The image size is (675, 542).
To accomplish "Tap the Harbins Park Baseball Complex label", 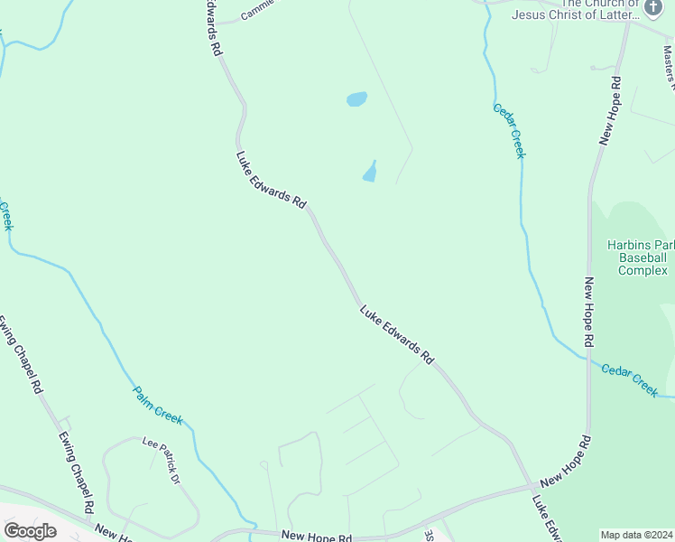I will [641, 257].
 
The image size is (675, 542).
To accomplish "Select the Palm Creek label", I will [158, 406].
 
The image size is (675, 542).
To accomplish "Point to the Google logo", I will [30, 531].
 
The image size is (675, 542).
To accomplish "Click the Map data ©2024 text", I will [635, 535].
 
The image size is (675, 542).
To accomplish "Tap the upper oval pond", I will [356, 98].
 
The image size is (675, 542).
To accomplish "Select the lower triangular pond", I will [370, 172].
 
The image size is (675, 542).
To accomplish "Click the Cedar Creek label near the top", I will [509, 131].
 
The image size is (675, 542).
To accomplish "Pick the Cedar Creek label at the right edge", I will [630, 379].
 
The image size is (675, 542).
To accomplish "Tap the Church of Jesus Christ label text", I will [575, 9].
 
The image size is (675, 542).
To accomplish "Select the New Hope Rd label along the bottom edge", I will [316, 536].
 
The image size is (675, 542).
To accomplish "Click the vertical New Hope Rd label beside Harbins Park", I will [588, 313].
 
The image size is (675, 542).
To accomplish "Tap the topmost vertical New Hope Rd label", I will [610, 110].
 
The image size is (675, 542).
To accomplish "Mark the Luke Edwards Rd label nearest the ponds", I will [272, 180].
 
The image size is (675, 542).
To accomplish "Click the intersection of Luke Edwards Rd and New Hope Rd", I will [531, 488].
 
